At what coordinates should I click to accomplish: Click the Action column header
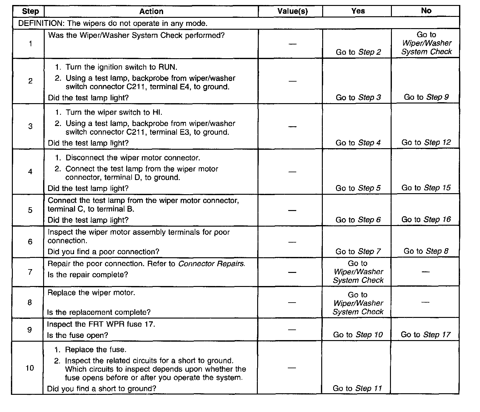point(151,12)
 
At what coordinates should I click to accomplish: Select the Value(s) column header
point(292,12)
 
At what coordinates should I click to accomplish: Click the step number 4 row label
point(30,172)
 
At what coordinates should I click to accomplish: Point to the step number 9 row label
point(29,330)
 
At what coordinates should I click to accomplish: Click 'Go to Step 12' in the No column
point(426,143)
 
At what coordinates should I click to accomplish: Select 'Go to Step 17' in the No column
point(425,335)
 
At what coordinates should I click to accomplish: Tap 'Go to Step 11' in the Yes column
point(357,389)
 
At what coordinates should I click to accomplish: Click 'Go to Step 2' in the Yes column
point(358,52)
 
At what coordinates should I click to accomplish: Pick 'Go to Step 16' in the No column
point(426,219)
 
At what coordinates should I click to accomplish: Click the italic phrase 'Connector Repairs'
point(212,264)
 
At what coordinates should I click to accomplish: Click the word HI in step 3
point(157,113)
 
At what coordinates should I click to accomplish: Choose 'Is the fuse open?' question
point(77,335)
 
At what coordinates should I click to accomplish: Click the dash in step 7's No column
point(425,272)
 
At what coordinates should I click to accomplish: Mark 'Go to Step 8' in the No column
point(426,251)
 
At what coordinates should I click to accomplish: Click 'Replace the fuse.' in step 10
point(96,350)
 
